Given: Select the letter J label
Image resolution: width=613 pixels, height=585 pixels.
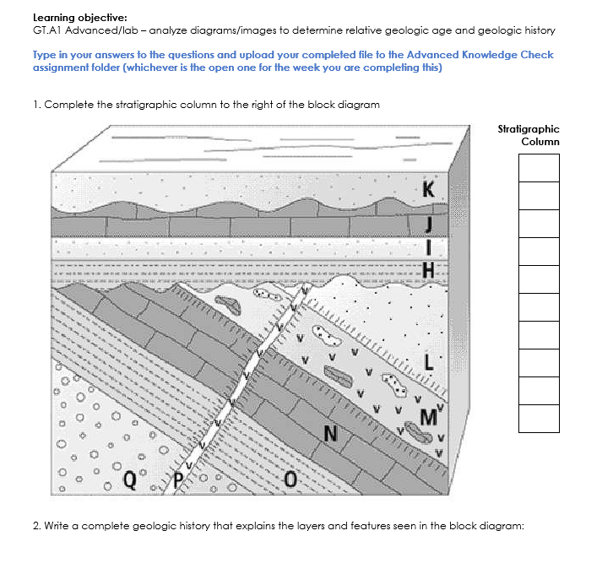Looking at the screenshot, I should coord(429,223).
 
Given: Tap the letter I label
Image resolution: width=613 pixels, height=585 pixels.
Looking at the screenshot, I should coord(429,247).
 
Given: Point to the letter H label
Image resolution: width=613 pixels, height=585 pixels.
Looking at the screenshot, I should coord(428,270).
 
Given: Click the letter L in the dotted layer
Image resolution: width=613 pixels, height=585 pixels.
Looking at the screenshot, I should coord(428,364).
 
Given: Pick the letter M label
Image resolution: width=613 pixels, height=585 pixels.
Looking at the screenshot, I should coord(428,415).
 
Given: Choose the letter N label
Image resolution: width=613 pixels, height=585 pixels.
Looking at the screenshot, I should coord(331,435).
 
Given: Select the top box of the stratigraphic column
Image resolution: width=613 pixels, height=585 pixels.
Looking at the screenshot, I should coord(539,167).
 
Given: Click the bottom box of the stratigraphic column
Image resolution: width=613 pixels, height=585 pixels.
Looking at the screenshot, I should coord(539,419).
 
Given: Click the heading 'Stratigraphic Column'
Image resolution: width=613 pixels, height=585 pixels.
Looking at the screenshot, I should coord(529,135).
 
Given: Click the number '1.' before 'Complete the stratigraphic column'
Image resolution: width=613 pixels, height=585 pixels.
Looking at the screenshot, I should coord(37,105).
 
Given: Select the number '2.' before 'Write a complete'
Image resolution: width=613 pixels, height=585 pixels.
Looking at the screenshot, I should coord(37,525).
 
